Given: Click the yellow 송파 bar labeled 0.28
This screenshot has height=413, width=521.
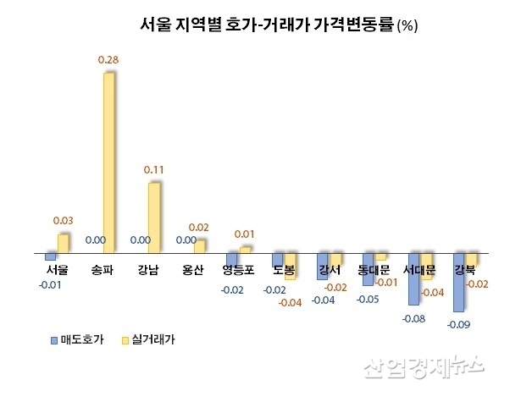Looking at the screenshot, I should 108,162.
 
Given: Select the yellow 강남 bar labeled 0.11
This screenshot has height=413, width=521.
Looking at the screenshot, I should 154,218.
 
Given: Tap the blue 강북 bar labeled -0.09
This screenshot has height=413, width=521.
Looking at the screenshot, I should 458,282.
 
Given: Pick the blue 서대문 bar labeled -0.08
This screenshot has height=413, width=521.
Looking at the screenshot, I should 413,278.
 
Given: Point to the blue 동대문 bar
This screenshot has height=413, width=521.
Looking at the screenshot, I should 367,268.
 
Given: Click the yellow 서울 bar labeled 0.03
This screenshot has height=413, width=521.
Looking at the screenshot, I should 63,244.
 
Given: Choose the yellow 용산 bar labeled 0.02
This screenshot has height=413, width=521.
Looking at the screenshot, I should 199,246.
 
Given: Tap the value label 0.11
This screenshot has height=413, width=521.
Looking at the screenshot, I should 153,170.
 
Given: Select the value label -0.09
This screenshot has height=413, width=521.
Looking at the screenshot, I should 458,324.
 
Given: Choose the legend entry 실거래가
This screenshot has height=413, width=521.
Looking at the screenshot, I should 153,339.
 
